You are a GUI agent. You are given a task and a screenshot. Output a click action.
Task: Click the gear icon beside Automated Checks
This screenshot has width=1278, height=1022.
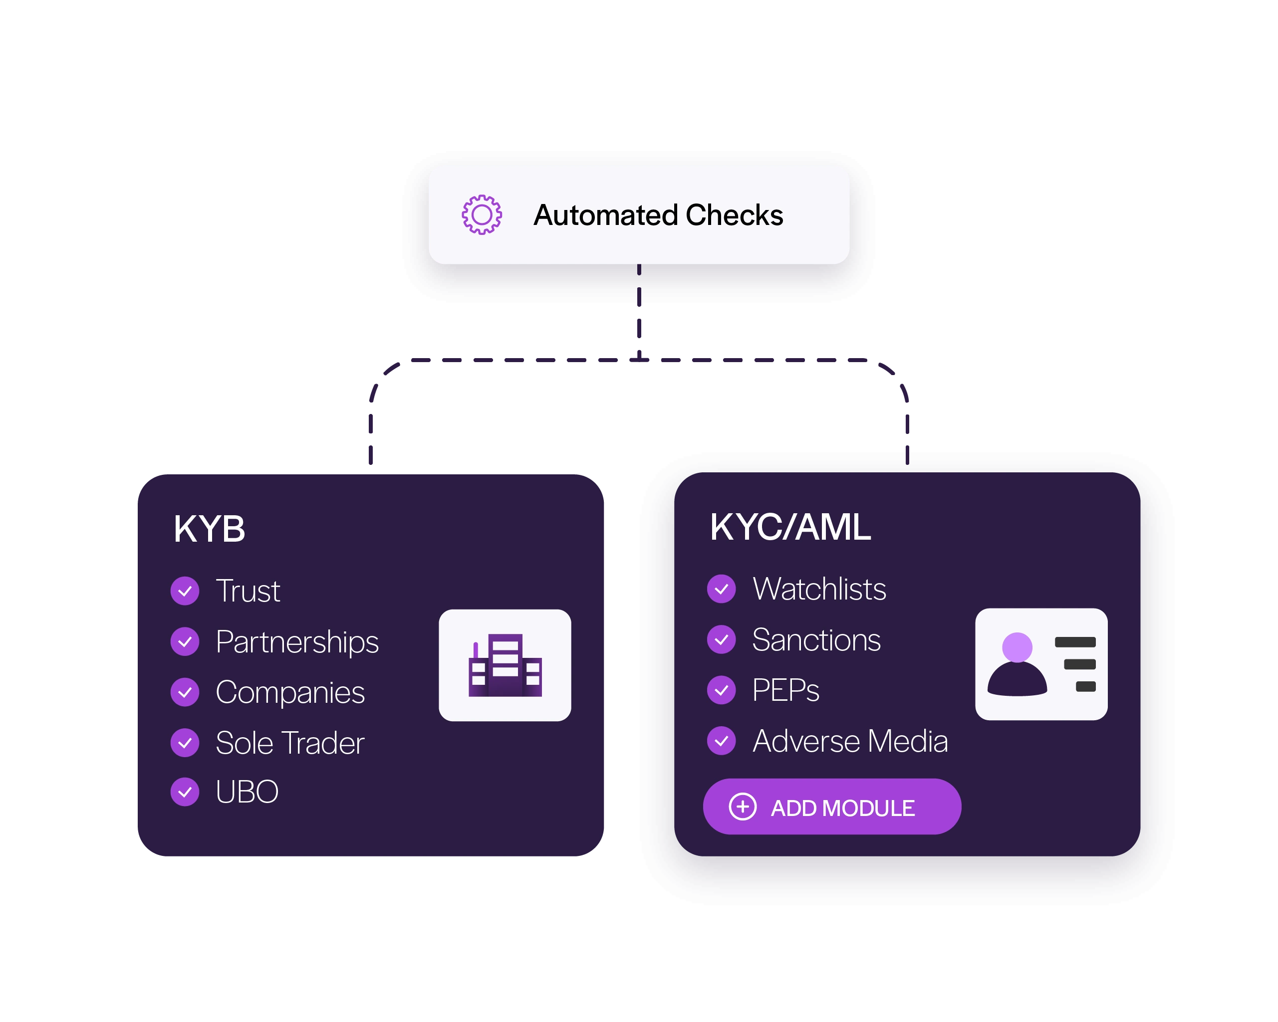pos(482,214)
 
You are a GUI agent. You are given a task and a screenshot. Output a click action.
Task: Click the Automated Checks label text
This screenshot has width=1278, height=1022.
pos(658,215)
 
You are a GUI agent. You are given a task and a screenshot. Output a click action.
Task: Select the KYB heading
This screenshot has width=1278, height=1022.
pos(209,529)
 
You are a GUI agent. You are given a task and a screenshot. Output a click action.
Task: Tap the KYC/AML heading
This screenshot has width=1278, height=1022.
pos(790,527)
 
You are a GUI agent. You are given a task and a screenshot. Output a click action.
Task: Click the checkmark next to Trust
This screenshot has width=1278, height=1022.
pos(185,591)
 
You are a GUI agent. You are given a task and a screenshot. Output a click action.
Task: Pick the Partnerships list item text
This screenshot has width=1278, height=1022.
pos(297,641)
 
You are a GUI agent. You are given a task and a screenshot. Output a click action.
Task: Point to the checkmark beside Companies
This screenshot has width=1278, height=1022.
pos(185,692)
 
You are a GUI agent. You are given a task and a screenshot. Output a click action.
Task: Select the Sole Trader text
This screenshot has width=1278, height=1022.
pos(290,743)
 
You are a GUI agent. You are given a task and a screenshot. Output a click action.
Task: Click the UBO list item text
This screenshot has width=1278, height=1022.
pos(247,792)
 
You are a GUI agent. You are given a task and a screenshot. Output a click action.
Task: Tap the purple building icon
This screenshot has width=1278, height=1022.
pos(505,665)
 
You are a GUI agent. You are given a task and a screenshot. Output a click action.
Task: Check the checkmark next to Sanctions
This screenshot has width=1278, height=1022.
pos(722,640)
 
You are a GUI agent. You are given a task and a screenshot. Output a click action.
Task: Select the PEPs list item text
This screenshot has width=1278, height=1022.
pos(785,690)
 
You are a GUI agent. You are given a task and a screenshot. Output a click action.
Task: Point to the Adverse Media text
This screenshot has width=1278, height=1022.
pos(850,741)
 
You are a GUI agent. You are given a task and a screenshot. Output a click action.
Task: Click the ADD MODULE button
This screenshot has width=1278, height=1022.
pos(832,807)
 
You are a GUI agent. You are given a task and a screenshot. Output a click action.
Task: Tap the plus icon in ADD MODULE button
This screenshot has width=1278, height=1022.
pos(743,807)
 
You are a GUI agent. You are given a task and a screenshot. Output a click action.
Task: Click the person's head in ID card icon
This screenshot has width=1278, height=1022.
pos(1017,647)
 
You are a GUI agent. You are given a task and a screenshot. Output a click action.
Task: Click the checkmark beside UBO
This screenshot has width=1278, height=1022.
pos(185,792)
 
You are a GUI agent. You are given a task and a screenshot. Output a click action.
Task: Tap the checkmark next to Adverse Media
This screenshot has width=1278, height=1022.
pos(722,741)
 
